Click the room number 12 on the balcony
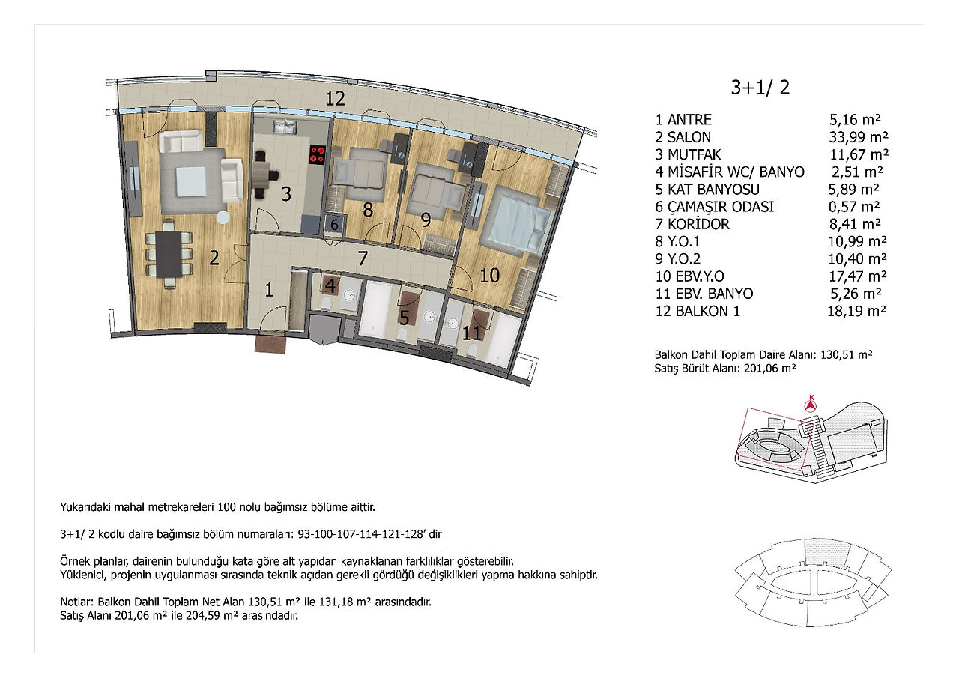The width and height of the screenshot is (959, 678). (x=335, y=99)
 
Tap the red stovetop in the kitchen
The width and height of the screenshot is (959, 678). (x=318, y=154)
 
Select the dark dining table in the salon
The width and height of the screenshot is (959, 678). (x=169, y=254)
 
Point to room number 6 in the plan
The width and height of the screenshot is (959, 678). (x=334, y=224)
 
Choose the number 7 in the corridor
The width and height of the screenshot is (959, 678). (x=362, y=258)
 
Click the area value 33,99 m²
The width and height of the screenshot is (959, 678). (x=859, y=137)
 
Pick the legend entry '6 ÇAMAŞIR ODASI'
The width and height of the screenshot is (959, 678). (x=715, y=206)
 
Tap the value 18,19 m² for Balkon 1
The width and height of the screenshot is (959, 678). (x=856, y=311)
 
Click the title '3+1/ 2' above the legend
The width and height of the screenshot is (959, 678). (x=760, y=88)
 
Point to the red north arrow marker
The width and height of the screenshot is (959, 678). (x=811, y=404)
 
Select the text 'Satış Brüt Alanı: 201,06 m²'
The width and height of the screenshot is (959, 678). (x=725, y=369)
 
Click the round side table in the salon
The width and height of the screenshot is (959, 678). (x=223, y=217)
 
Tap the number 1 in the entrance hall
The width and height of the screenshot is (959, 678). (x=268, y=290)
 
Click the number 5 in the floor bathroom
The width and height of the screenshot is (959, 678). (x=404, y=318)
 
